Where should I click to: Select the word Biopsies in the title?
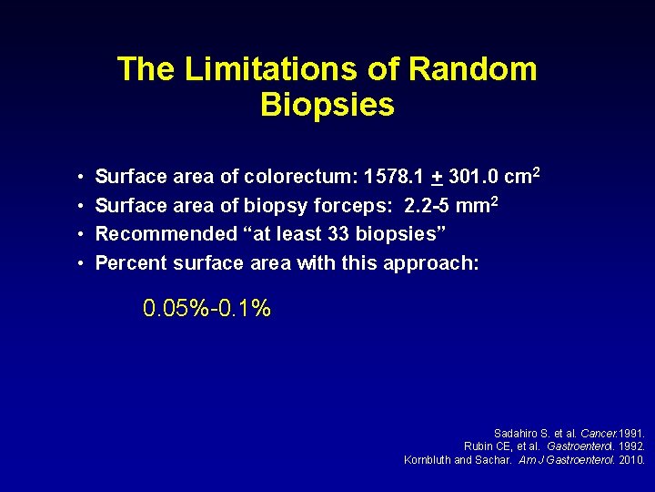(x=327, y=105)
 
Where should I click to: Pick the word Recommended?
(x=166, y=233)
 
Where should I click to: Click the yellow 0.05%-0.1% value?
(x=207, y=309)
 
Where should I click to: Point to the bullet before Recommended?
(x=81, y=234)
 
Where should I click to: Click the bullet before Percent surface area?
(x=81, y=263)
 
